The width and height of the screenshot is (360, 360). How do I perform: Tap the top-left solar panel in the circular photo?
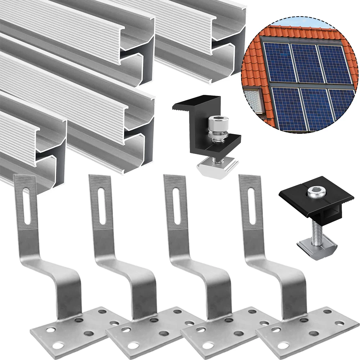(x=278, y=61)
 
